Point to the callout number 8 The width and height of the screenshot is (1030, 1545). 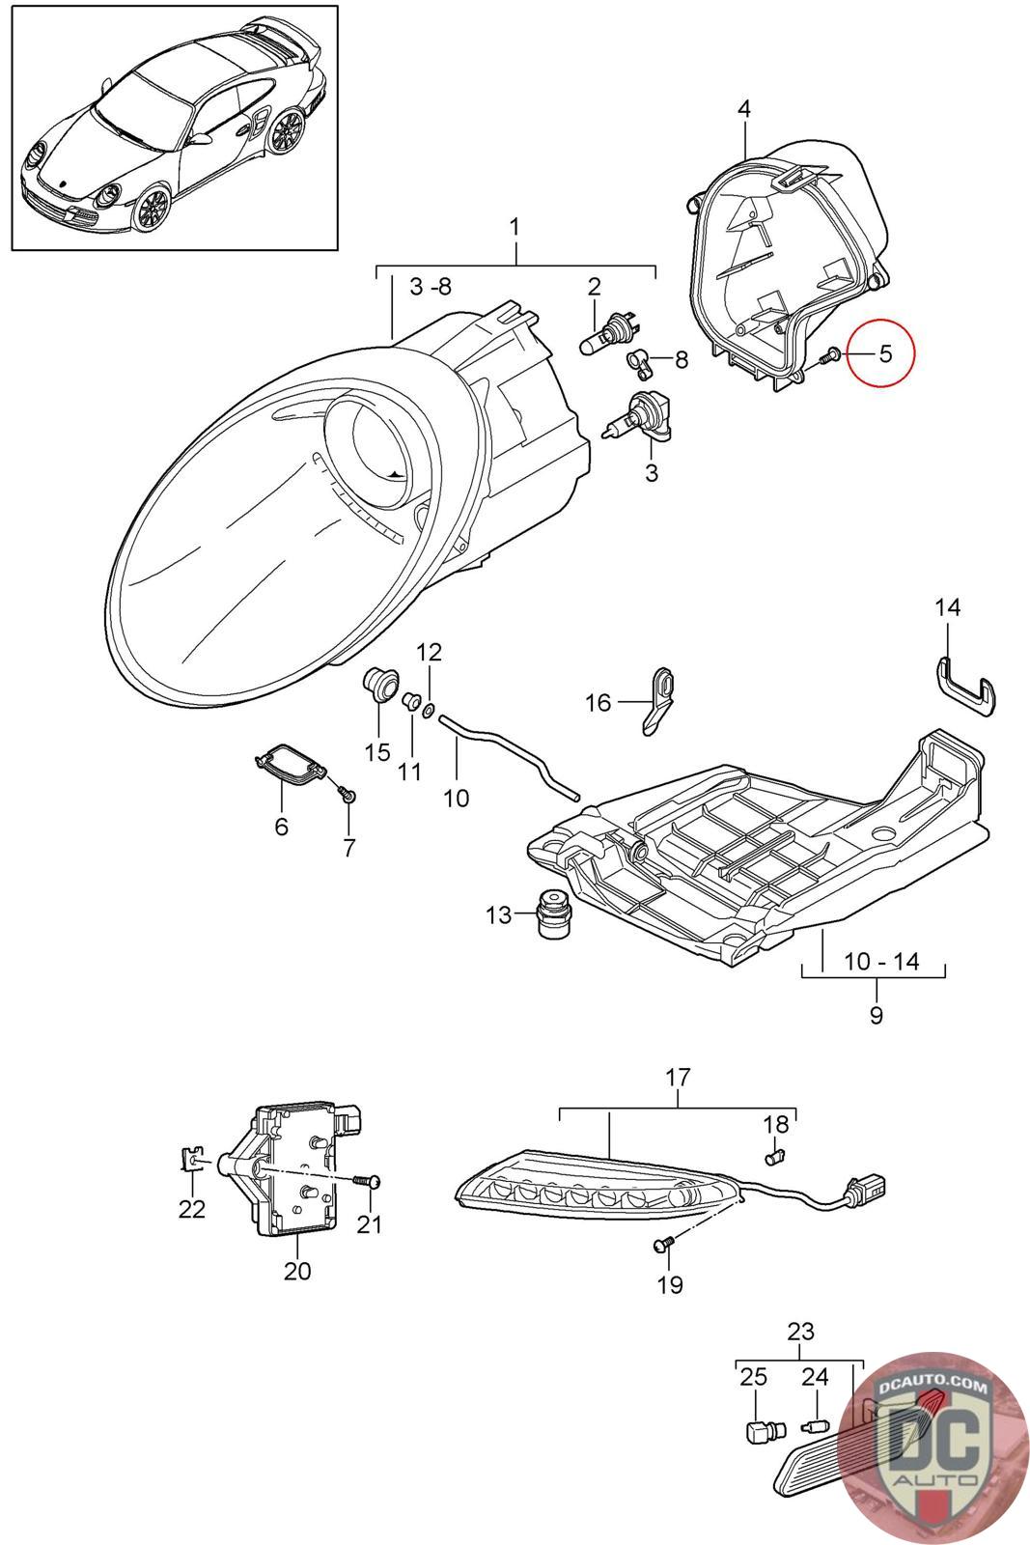[x=682, y=360]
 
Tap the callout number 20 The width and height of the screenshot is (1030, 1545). [x=297, y=1271]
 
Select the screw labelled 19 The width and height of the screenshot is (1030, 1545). [x=662, y=1246]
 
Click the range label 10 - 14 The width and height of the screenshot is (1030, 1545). [x=881, y=962]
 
